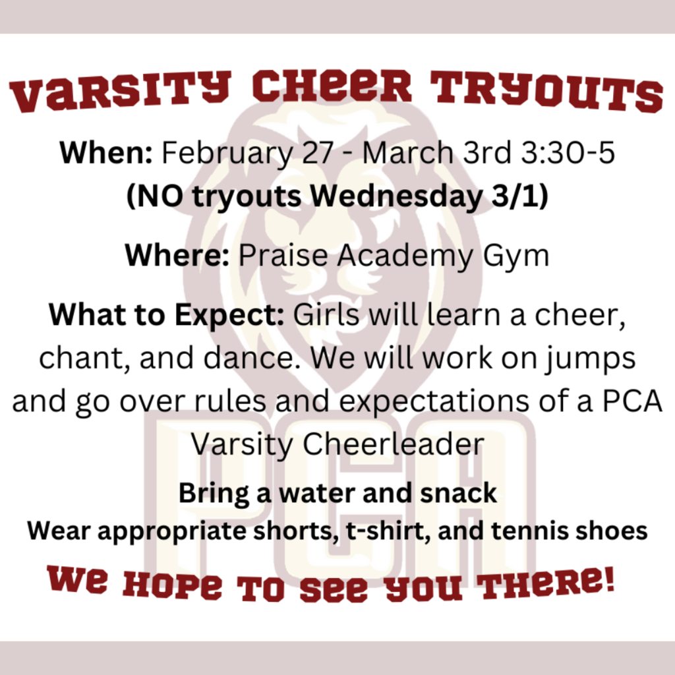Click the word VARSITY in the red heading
tap(120, 92)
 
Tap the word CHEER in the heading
tap(332, 86)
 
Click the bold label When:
tap(106, 152)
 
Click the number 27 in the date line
tap(318, 152)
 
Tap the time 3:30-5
tap(568, 152)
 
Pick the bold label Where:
tap(177, 255)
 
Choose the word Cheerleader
tap(394, 444)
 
